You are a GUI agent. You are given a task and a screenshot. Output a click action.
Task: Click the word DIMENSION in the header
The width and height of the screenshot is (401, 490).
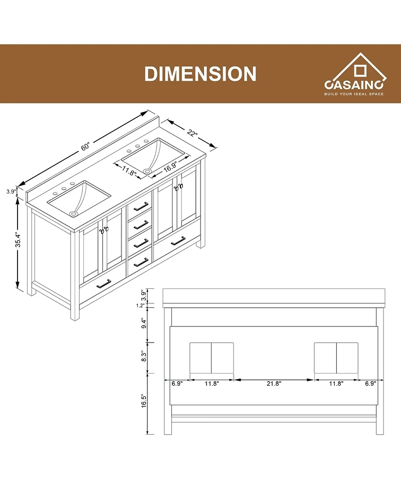click(200, 74)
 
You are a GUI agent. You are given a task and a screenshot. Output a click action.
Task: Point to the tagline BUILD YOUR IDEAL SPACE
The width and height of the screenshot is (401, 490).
click(355, 94)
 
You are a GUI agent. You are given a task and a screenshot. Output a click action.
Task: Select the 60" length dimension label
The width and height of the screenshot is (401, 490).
click(85, 147)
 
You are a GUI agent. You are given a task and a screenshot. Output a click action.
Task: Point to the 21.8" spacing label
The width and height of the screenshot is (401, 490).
click(274, 383)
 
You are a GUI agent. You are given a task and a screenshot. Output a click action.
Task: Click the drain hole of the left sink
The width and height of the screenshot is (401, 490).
click(74, 214)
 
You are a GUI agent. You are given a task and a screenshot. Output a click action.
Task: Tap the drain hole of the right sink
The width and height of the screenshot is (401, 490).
click(147, 172)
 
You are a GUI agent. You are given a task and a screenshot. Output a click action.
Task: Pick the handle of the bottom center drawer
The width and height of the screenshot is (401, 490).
click(141, 260)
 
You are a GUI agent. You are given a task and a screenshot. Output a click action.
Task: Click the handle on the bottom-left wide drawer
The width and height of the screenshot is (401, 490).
click(104, 283)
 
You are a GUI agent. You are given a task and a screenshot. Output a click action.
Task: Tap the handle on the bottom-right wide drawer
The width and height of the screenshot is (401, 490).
click(178, 241)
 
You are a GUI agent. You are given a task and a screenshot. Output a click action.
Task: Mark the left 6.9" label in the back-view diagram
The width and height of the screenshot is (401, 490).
click(176, 383)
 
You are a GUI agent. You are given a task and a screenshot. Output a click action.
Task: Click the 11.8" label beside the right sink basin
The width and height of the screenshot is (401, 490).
click(129, 173)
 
